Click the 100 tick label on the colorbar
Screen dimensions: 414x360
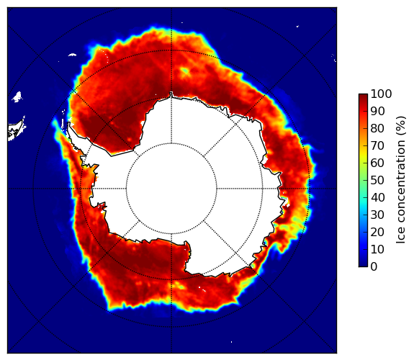tap(381, 94)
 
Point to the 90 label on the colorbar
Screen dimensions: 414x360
tap(377, 111)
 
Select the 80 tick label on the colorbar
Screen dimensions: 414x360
tap(377, 129)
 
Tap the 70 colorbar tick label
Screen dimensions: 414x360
tap(377, 145)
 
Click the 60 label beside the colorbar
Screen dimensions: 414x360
tap(377, 163)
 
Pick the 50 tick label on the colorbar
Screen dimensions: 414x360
tap(377, 181)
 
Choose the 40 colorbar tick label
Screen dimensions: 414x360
tap(377, 197)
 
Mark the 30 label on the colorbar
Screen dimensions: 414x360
tap(377, 215)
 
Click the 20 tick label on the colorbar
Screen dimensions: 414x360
tap(377, 232)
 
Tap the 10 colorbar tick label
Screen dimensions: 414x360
tap(377, 249)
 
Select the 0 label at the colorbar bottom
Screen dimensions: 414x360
tap(374, 267)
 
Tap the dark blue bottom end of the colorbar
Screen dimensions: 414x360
tap(363, 265)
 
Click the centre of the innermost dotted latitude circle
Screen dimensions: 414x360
tap(171, 189)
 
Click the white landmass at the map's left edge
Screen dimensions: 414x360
tap(16, 130)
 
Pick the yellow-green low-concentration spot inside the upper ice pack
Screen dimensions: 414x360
tap(185, 71)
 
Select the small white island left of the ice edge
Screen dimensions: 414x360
tap(17, 96)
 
